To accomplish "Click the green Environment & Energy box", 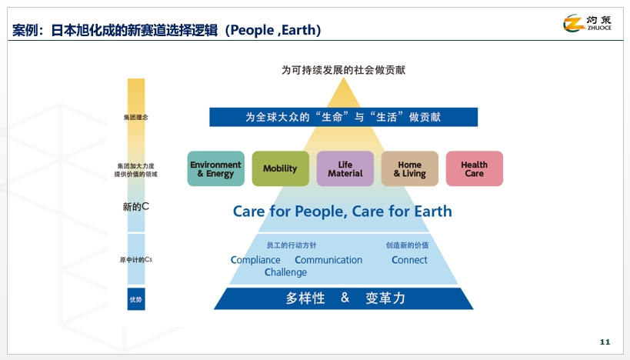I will click(215, 168).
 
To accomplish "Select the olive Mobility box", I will click(280, 168).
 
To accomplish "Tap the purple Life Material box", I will click(345, 168).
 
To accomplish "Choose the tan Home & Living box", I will click(409, 168).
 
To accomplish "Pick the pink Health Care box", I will click(474, 168).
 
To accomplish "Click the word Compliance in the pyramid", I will click(255, 260).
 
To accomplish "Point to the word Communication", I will click(328, 260).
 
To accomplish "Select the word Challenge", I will click(285, 272).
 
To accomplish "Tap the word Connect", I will click(409, 260).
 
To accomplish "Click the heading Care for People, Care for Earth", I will click(342, 212).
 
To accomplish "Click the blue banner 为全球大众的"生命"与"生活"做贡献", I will click(343, 117).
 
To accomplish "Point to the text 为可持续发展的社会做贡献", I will click(343, 70).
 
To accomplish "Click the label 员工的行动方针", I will click(292, 245).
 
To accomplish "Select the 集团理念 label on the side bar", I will click(135, 118).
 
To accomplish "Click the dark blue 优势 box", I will click(136, 298).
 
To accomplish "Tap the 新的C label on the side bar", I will click(135, 207).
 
